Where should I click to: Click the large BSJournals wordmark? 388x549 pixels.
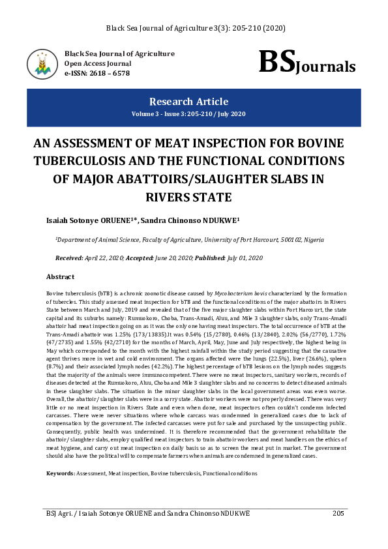[x=306, y=63]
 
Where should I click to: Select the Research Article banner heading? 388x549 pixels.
[x=188, y=102]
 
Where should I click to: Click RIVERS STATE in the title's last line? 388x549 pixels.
[x=188, y=196]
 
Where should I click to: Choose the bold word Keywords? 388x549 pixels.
[x=59, y=472]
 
